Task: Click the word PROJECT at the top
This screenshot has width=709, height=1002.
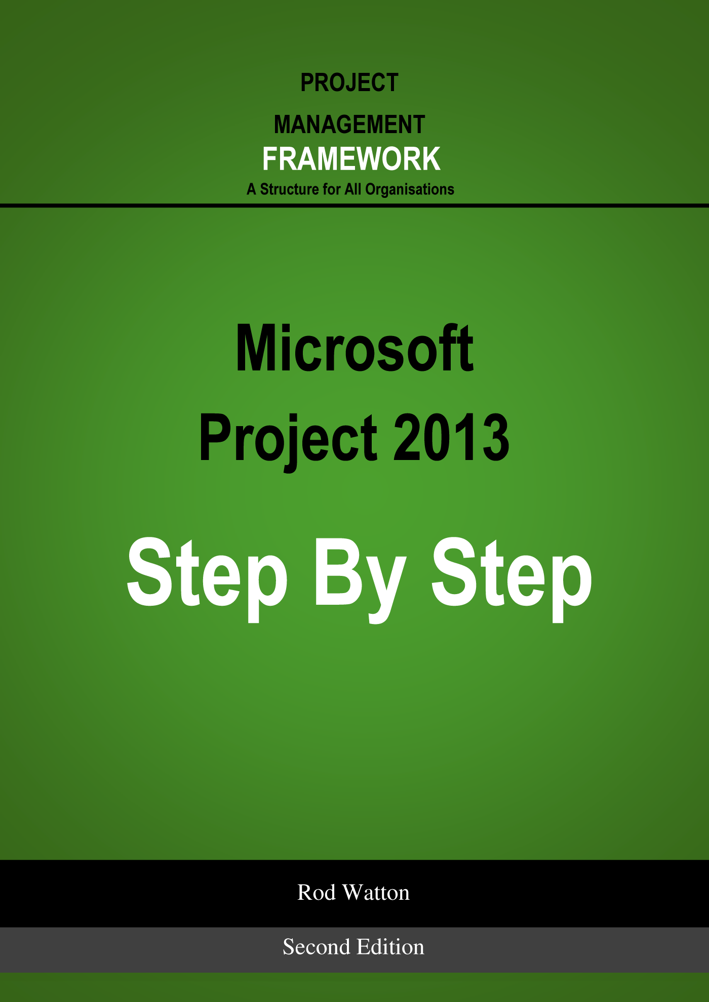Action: (349, 82)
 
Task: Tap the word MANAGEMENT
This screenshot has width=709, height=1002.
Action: (349, 124)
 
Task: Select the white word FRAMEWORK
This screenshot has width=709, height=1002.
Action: (351, 159)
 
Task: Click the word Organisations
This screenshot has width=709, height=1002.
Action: (410, 189)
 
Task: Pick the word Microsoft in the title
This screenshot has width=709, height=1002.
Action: (354, 349)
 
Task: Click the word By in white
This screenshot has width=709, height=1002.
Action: (361, 579)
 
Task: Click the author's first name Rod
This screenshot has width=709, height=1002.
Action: (317, 893)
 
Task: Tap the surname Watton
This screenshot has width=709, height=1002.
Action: (376, 893)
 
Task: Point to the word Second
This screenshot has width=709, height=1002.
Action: (317, 947)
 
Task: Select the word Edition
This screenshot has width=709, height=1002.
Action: (390, 947)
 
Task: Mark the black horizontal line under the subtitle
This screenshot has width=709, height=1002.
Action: (354, 205)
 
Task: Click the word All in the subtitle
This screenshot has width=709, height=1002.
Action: (353, 189)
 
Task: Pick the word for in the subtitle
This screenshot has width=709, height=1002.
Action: (332, 189)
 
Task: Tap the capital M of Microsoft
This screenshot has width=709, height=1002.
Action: (258, 349)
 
